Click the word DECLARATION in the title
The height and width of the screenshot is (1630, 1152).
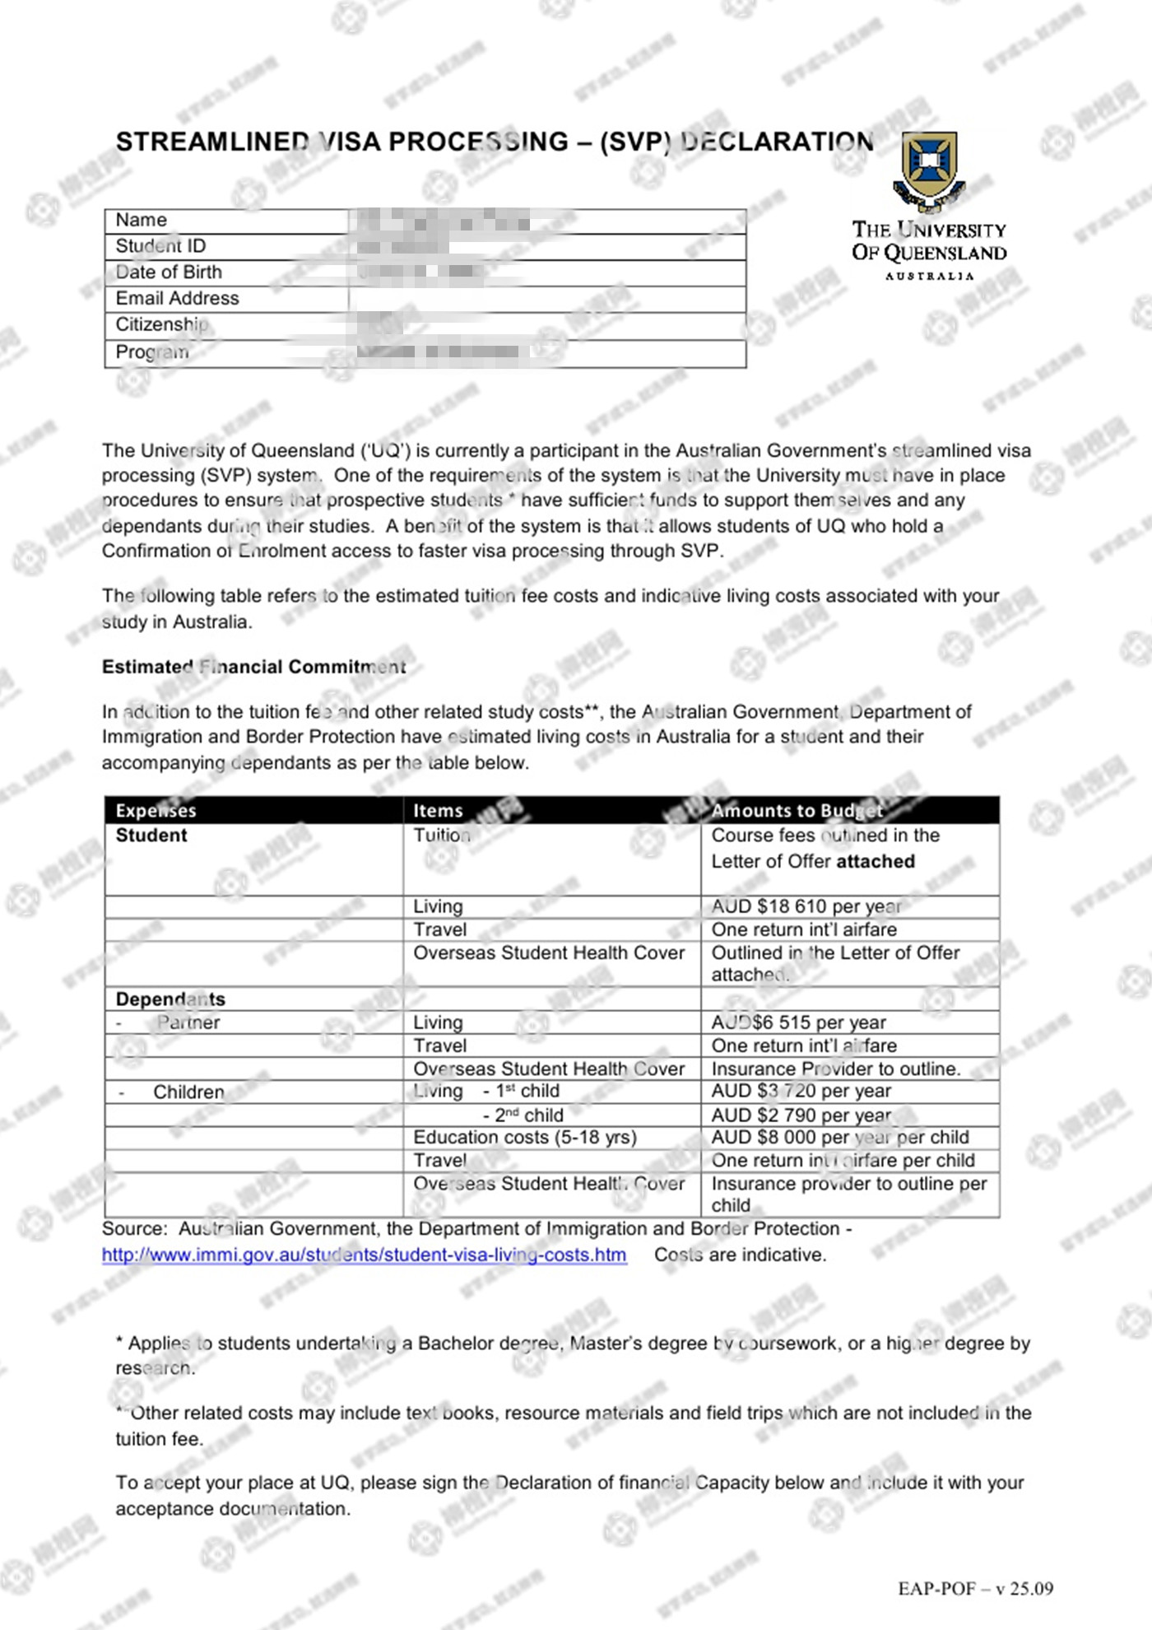coord(778,142)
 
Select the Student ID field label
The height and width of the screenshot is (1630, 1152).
coord(160,246)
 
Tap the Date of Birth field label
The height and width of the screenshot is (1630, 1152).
coord(169,272)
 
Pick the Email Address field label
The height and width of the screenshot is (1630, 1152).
coord(177,299)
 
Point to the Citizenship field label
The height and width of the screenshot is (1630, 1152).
coord(161,325)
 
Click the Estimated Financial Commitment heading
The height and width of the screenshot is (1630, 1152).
coord(253,667)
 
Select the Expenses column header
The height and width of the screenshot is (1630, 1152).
coord(156,811)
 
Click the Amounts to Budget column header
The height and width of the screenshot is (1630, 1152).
coord(797,811)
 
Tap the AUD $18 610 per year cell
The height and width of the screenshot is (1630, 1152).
coord(806,906)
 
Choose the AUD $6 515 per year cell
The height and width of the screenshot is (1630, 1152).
coord(798,1022)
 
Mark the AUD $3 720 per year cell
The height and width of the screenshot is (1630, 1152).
coord(801,1092)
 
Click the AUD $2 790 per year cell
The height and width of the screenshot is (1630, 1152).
coord(801,1115)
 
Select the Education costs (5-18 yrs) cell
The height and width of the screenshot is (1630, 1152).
coord(525,1138)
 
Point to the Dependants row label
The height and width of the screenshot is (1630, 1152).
coord(170,999)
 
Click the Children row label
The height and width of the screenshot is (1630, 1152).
coord(188,1092)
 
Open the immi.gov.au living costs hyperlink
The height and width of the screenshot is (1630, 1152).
coord(364,1255)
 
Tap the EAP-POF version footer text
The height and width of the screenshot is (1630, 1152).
coord(975,1589)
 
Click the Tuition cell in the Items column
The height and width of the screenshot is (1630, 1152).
coord(442,836)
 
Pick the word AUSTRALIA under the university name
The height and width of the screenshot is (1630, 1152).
coord(929,277)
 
